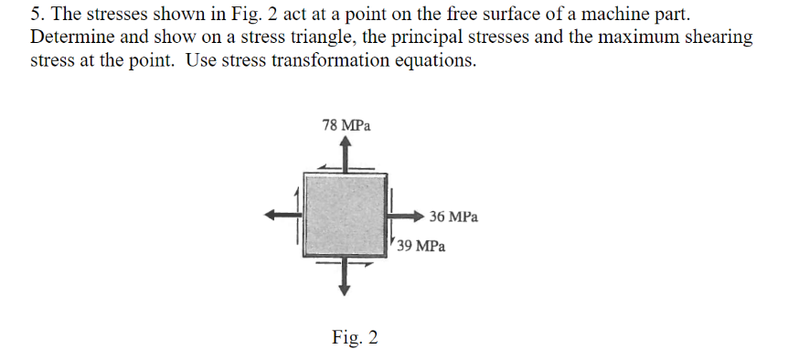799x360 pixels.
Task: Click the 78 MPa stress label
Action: pos(346,125)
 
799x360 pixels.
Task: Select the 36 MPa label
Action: pos(453,217)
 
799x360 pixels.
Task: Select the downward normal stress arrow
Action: pos(344,277)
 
